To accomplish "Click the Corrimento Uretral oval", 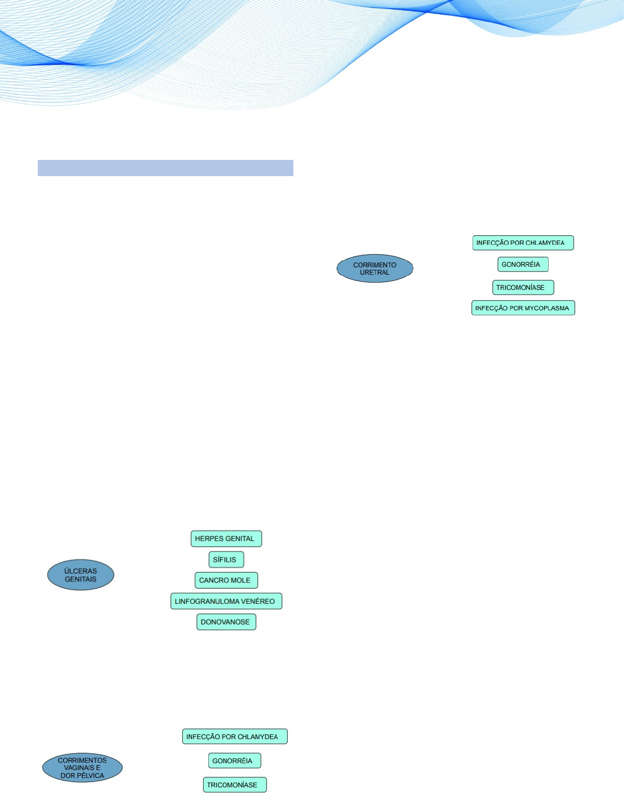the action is (x=375, y=268).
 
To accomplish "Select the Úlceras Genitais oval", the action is (x=81, y=575).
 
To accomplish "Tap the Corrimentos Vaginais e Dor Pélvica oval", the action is (x=82, y=768).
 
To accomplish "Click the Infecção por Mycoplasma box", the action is (x=523, y=308).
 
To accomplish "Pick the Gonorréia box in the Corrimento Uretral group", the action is (x=522, y=264).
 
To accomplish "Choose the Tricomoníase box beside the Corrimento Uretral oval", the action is (x=522, y=287).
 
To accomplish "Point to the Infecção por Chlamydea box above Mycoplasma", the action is (x=522, y=243).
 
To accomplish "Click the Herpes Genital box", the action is (x=226, y=538).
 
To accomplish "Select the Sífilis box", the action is (x=226, y=559).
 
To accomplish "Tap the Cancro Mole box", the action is (x=226, y=580).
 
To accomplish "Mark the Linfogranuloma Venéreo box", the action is (x=226, y=601).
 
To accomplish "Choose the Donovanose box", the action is (x=226, y=622).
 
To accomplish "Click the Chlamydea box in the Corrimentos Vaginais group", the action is (x=234, y=737).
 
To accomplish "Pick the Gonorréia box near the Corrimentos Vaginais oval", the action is (x=234, y=761).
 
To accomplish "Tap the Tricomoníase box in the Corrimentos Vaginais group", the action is (x=234, y=785).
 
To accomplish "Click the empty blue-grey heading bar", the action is (x=165, y=168).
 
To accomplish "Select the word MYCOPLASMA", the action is (x=546, y=308).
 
